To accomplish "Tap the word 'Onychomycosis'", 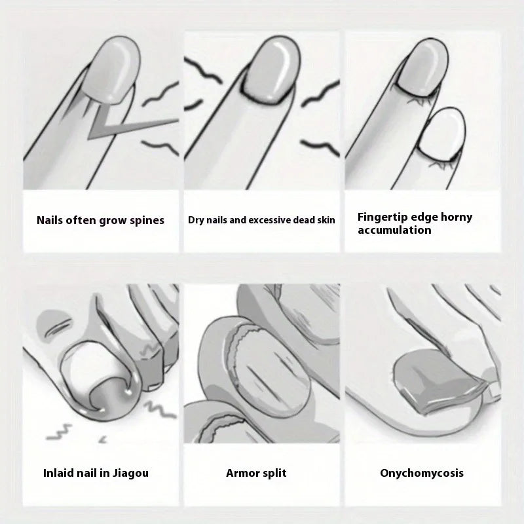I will point(421,472).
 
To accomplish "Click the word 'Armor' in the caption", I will point(244,472).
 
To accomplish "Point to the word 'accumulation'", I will point(394,230).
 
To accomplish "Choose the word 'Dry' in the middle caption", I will point(196,220).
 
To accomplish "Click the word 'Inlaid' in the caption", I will point(61,472).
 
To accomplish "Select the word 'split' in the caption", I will point(274,472).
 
